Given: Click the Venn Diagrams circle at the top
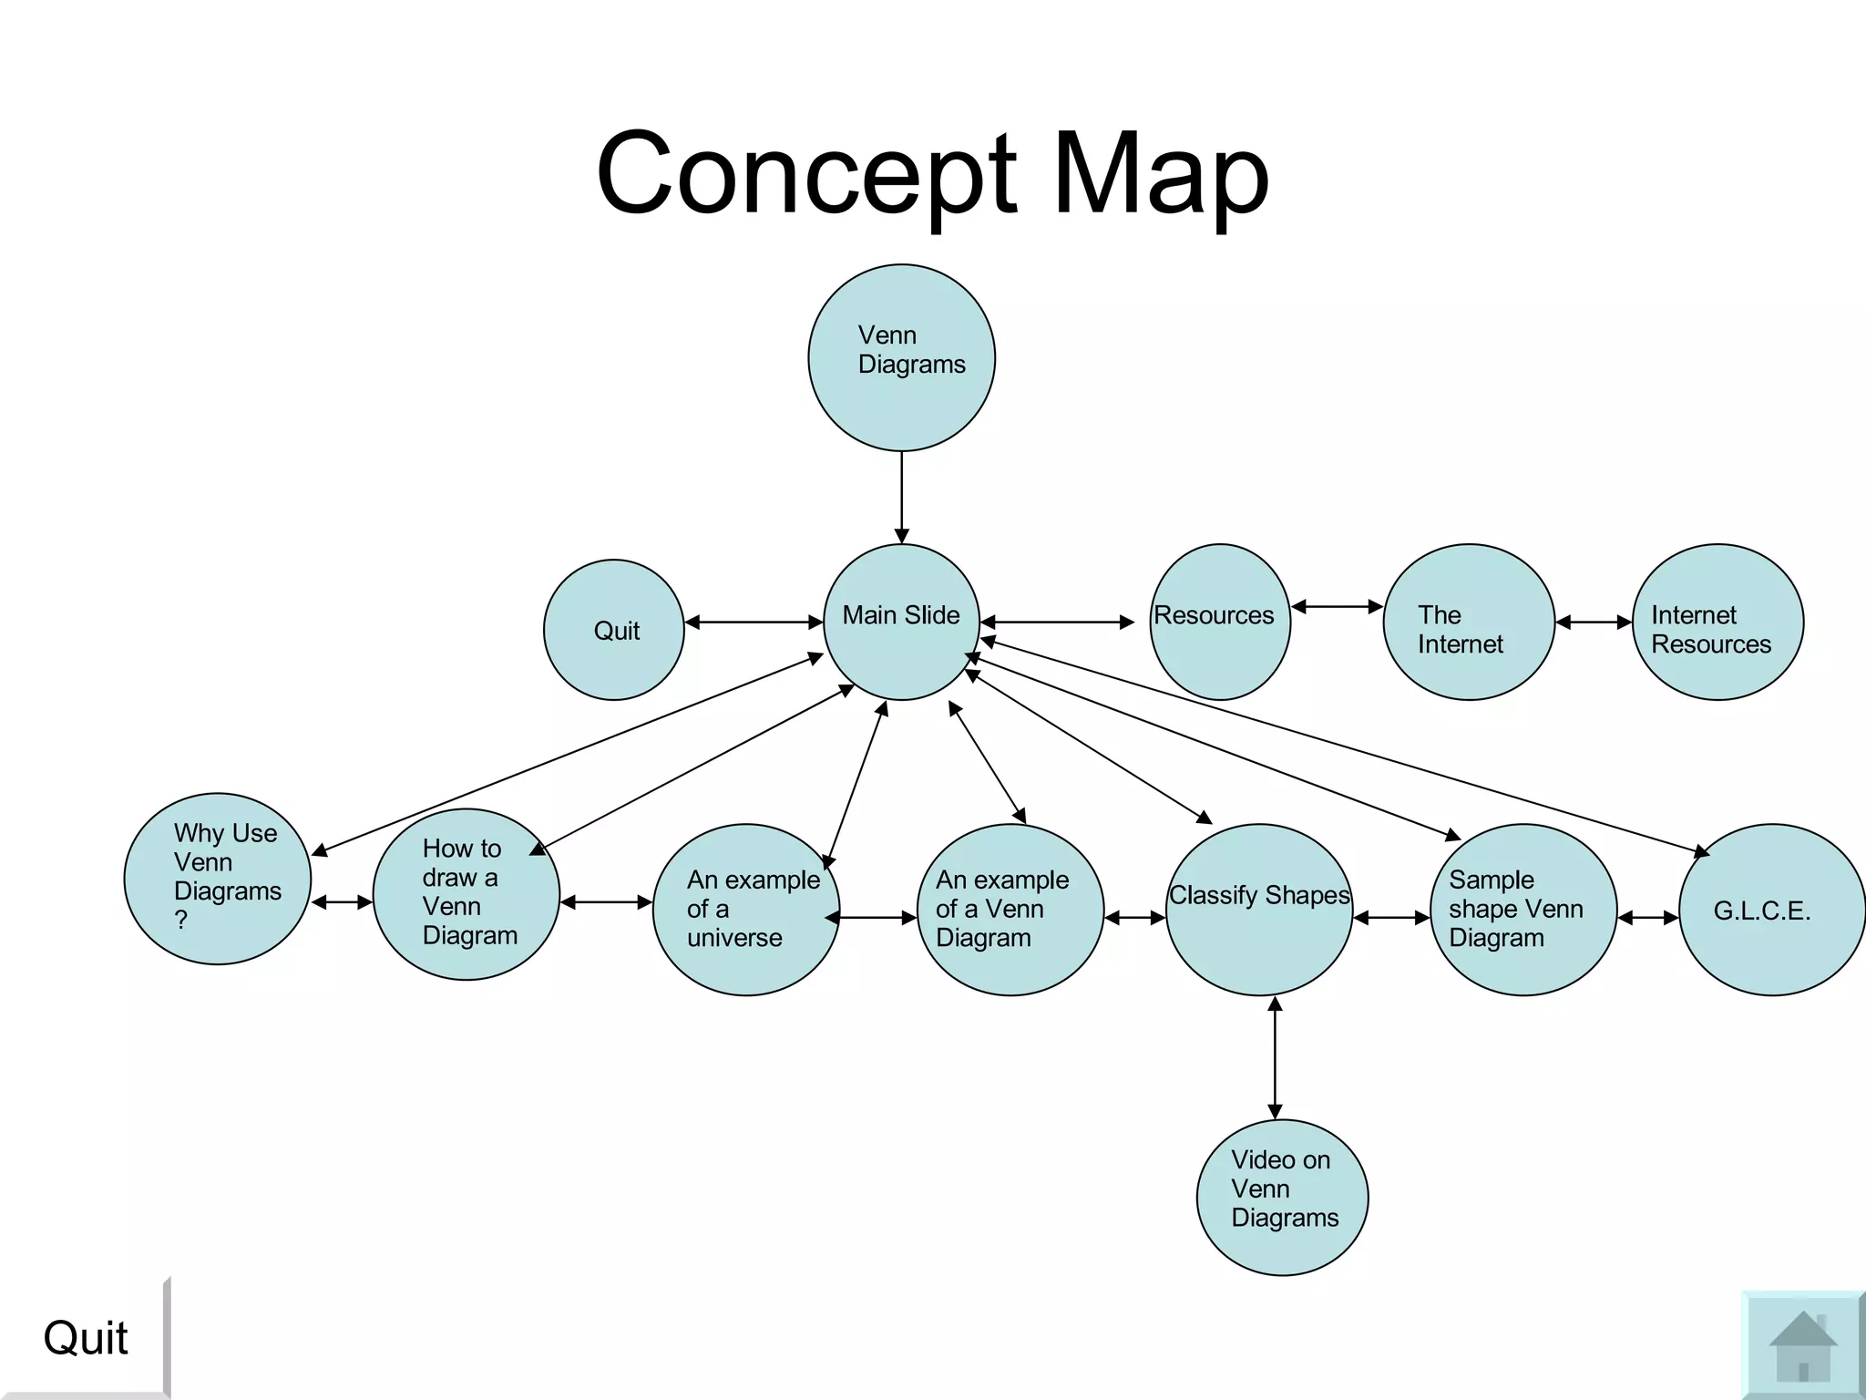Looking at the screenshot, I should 901,357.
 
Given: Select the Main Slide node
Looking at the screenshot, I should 901,622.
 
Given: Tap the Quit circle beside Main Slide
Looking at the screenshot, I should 614,630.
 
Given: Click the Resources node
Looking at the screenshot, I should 1219,622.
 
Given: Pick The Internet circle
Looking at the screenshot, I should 1468,622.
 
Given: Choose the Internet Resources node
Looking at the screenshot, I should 1717,622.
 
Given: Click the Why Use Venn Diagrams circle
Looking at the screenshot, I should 218,878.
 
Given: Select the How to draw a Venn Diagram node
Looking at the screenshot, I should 466,894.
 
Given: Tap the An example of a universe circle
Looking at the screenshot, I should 746,910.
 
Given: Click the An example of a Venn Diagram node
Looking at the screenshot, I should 1010,910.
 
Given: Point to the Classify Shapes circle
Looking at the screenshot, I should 1259,910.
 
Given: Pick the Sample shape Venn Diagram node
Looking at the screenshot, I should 1523,910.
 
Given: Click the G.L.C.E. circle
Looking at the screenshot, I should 1771,910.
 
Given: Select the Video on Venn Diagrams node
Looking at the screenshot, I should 1282,1197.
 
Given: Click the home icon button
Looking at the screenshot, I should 1802,1344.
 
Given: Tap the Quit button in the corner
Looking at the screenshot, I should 85,1338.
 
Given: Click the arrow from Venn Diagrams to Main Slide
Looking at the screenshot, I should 901,497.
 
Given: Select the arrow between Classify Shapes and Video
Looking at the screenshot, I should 1275,1057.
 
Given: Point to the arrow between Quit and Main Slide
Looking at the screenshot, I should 754,622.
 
